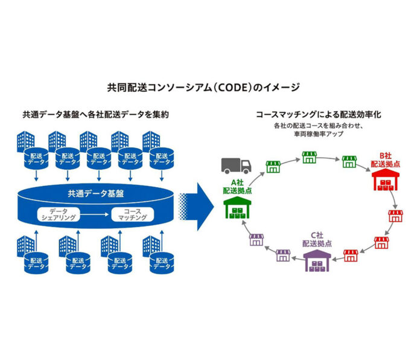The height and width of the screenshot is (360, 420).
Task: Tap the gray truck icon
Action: click(x=235, y=166)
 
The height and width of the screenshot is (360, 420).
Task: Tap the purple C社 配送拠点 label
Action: click(x=318, y=239)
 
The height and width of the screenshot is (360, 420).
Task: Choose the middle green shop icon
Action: click(x=310, y=158)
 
